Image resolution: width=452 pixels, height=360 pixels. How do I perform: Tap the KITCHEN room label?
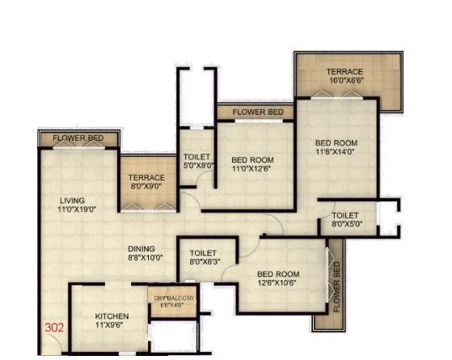[112, 316]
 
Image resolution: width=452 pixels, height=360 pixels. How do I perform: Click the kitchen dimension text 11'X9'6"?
[112, 326]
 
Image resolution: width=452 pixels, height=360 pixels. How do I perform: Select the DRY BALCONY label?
[174, 299]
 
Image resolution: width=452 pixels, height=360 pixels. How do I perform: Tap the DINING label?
[145, 249]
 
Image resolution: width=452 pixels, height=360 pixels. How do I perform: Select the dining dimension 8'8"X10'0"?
[145, 258]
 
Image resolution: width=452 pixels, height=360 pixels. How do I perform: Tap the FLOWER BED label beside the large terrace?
[258, 111]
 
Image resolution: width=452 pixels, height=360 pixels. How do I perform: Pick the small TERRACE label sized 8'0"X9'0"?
[146, 177]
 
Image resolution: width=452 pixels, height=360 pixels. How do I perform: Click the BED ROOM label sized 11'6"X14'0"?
[336, 143]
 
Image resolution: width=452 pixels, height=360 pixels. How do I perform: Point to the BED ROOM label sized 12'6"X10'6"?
[277, 273]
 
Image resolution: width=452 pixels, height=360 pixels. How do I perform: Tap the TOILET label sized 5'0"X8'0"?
[197, 157]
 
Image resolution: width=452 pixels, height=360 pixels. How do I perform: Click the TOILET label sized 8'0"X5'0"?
[345, 216]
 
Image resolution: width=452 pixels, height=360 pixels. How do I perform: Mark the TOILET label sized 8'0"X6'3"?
[204, 252]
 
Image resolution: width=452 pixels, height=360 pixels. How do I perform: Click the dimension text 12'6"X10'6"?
[277, 283]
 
